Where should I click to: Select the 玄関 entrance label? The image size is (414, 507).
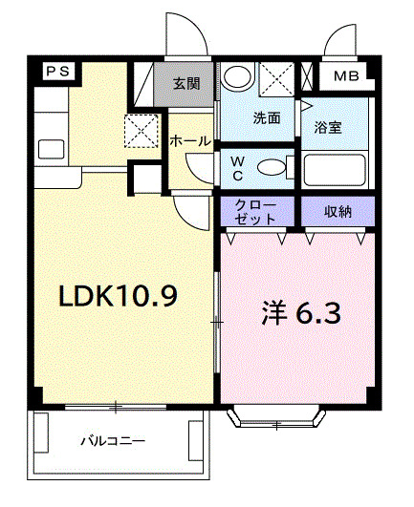click(186, 84)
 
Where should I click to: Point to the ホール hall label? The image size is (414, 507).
click(190, 140)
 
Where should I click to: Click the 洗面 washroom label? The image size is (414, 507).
click(267, 118)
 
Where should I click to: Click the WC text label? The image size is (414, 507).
click(236, 167)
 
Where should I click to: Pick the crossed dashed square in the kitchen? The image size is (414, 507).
click(142, 132)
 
